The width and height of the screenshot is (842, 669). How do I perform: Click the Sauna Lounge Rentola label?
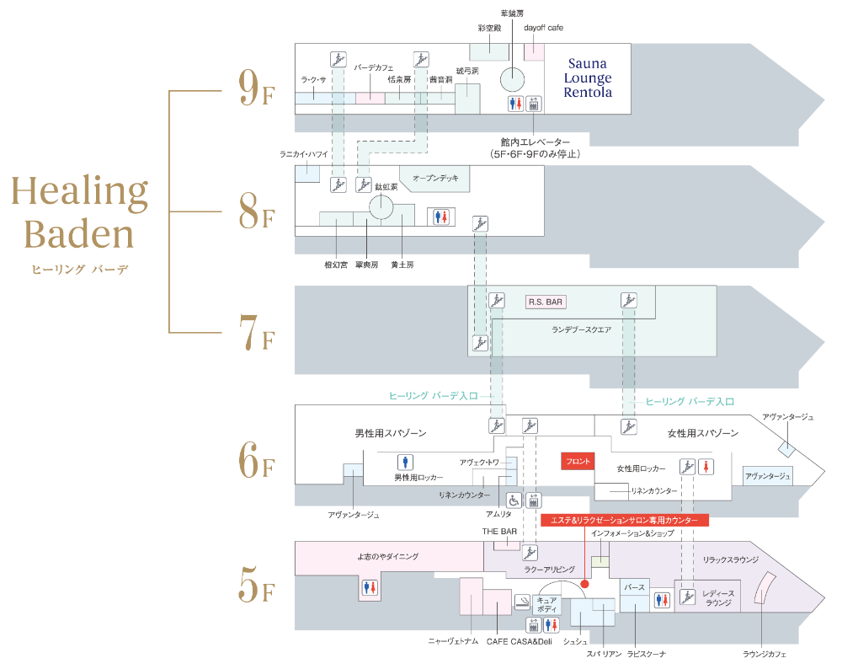coord(588,78)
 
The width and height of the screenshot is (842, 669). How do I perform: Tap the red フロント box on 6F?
coord(578,461)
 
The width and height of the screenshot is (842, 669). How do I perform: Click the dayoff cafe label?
coord(543,28)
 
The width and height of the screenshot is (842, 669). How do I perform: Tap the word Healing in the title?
coord(79,195)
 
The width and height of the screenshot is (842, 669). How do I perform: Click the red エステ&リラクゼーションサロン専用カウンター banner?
coord(625,522)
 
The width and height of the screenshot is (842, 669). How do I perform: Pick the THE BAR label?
coord(499,532)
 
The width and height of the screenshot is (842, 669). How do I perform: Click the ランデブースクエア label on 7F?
coord(581,329)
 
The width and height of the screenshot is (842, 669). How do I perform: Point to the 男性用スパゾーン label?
coord(391,433)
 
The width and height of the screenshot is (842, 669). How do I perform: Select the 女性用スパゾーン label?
coord(703,433)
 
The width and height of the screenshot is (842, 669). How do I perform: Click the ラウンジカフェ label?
coord(765,653)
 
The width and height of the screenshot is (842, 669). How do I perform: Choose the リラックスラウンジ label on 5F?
coord(731,559)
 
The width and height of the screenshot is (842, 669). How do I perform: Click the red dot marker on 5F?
coord(584,581)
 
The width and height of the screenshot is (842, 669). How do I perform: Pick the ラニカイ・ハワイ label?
coord(304,154)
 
